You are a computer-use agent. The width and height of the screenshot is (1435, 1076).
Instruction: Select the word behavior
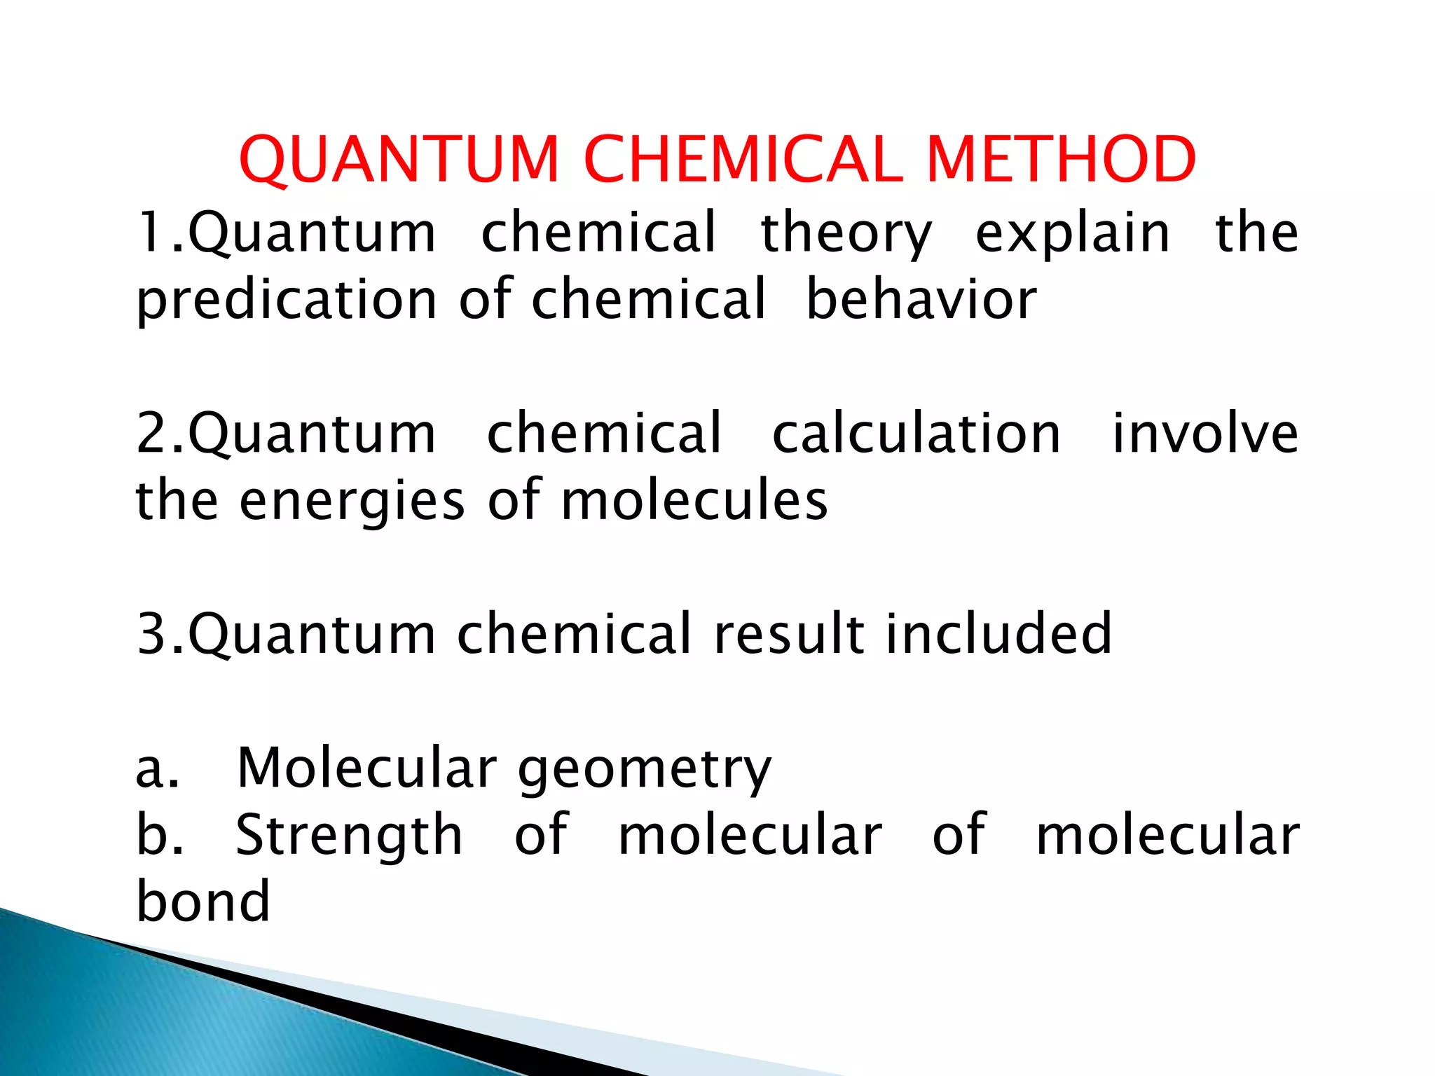(x=921, y=300)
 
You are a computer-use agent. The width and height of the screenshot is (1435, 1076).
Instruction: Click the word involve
(x=1205, y=434)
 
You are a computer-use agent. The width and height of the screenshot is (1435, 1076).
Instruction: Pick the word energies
(x=352, y=502)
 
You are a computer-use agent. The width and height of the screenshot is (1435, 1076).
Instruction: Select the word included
(x=998, y=633)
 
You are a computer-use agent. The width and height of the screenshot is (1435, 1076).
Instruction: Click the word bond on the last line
(x=203, y=901)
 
